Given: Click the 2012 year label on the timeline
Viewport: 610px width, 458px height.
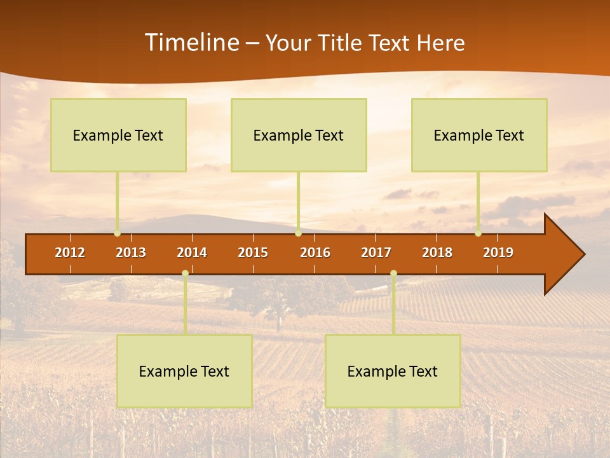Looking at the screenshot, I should (x=70, y=253).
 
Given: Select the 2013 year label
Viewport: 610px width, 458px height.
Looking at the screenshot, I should (x=131, y=253).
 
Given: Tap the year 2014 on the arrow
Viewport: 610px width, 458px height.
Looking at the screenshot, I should (x=192, y=253).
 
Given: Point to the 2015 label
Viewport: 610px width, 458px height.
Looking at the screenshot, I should (x=253, y=253).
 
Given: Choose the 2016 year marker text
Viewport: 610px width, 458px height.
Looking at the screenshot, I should (x=315, y=253).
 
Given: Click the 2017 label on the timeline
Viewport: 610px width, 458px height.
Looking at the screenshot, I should (x=376, y=253).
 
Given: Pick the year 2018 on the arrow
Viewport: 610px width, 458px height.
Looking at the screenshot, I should (x=437, y=253).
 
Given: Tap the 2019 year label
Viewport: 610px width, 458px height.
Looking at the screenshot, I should (x=498, y=253).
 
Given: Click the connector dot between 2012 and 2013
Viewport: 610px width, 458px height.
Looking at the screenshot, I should (x=117, y=233).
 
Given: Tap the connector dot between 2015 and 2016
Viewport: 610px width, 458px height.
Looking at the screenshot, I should (x=298, y=233).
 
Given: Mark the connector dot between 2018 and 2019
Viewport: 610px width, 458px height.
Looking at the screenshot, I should (x=478, y=233).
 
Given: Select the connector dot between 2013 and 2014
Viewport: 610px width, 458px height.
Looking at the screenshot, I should (x=185, y=274).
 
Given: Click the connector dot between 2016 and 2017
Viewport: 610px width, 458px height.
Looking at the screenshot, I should (x=393, y=274).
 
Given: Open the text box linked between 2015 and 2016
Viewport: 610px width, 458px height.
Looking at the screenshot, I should (x=299, y=135).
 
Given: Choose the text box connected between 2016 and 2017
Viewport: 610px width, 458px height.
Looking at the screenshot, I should (x=393, y=371).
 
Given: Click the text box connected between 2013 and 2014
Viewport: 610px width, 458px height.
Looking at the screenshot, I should (x=184, y=371).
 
